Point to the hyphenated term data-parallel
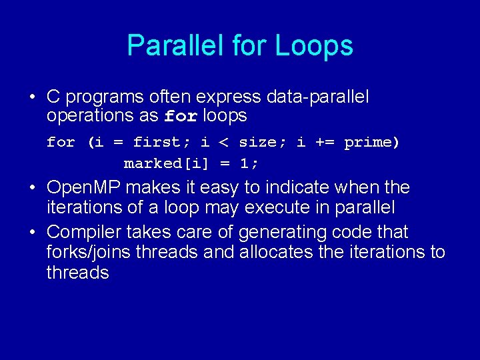317,97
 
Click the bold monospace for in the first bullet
181,117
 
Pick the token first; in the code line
157,143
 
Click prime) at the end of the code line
371,143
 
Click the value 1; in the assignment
249,163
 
